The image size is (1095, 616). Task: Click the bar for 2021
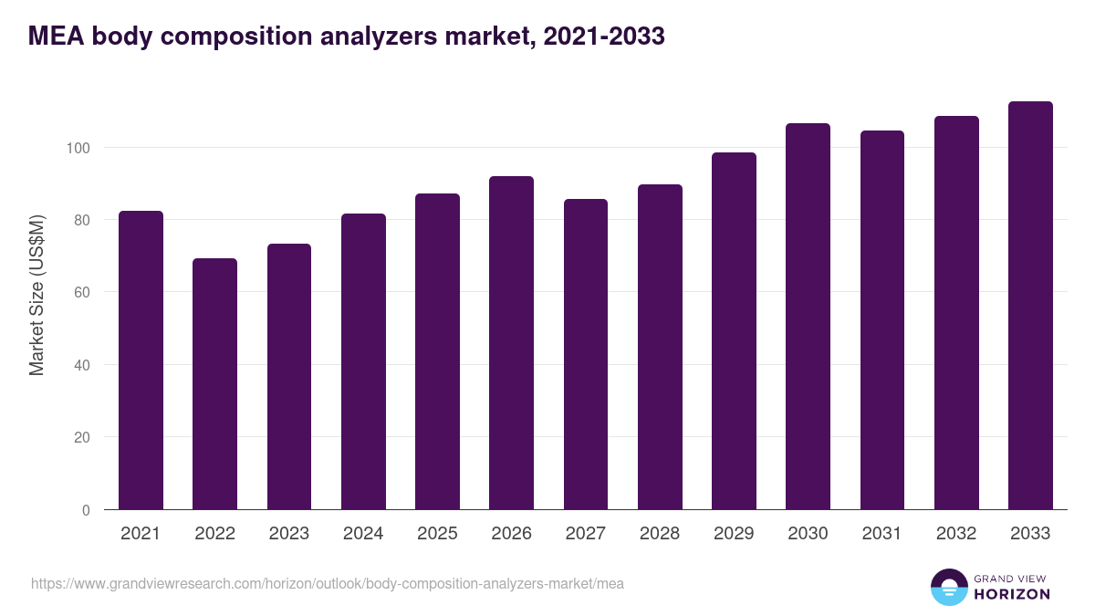[x=141, y=360]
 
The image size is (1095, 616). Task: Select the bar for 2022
[x=214, y=384]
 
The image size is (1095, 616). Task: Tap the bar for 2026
[x=511, y=343]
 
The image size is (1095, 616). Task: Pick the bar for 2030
[x=808, y=317]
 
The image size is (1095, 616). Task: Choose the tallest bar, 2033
[x=1030, y=306]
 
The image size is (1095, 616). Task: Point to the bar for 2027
[x=585, y=354]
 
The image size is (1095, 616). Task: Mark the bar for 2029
[x=734, y=331]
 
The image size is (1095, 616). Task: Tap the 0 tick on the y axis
[x=86, y=510]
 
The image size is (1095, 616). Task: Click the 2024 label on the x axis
[x=362, y=534]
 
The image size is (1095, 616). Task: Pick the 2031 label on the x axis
[x=881, y=534]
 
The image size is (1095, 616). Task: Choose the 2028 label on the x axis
[x=659, y=534]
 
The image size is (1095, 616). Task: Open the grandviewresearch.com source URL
[x=328, y=583]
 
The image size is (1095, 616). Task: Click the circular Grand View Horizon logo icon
[x=948, y=587]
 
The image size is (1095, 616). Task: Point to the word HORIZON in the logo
[x=1011, y=594]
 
